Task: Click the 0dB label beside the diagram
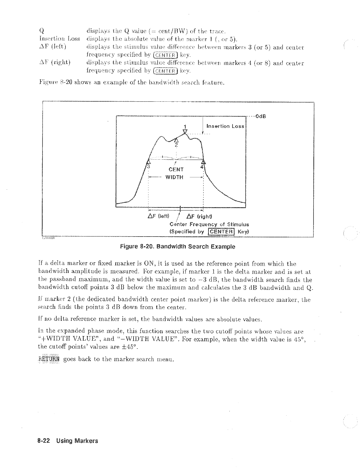click(x=261, y=116)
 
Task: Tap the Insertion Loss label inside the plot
click(x=225, y=126)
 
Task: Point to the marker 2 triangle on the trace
click(x=176, y=141)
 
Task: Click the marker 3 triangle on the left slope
click(x=148, y=161)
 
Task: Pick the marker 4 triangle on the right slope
click(x=204, y=162)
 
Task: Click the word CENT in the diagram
click(x=176, y=169)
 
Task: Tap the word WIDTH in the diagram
click(x=174, y=177)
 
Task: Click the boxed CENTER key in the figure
click(x=221, y=232)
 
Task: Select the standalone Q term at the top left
click(x=42, y=31)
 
